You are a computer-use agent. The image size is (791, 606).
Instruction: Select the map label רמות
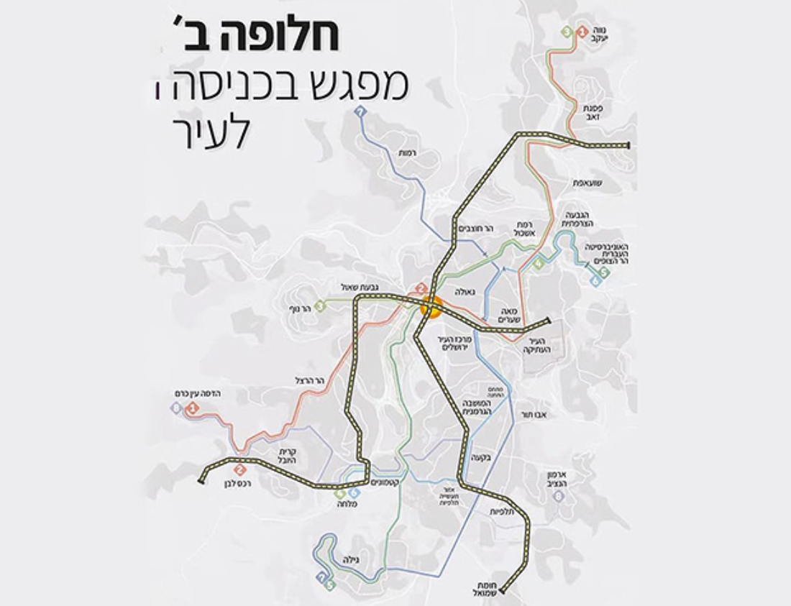tap(407, 152)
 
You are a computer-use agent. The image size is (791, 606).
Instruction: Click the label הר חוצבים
tap(478, 228)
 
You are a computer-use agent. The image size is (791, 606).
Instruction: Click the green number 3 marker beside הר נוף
tap(319, 306)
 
